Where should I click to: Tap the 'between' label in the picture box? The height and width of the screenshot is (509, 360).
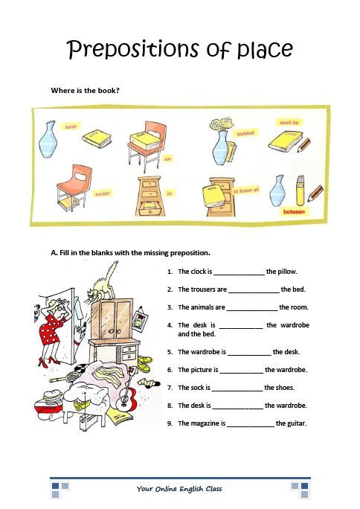point(294,211)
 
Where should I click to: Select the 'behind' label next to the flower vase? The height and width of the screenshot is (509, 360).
point(245,133)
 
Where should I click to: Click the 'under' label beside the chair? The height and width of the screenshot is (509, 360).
point(102,193)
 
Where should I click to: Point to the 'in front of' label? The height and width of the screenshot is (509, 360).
point(245,191)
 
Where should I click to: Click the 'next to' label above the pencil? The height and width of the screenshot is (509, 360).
point(289,122)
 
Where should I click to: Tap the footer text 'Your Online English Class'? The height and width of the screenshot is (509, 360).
point(179,489)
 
